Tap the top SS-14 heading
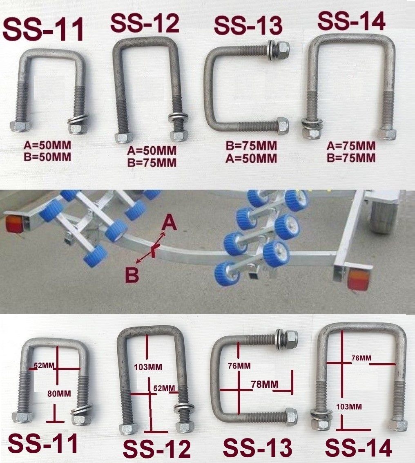tap(351, 22)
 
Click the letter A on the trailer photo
tap(169, 224)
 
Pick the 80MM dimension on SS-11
tap(59, 394)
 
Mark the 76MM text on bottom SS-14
tap(361, 358)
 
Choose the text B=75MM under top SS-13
tap(251, 146)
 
